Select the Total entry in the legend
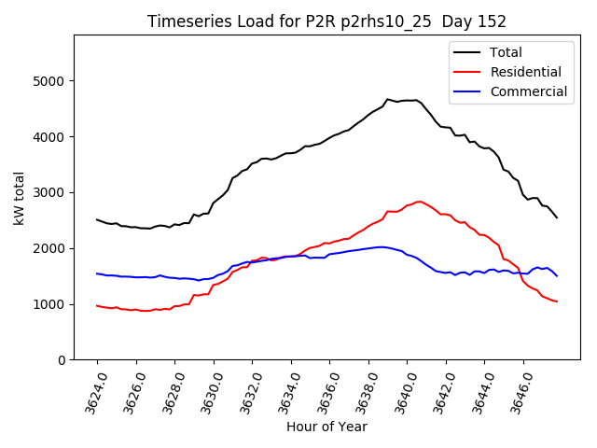tap(506, 52)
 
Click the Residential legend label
tap(525, 72)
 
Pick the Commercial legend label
tap(528, 91)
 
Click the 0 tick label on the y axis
tap(62, 360)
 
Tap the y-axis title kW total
tap(20, 199)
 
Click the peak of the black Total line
tap(387, 99)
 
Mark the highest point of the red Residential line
tap(420, 201)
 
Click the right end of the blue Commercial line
tap(557, 276)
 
